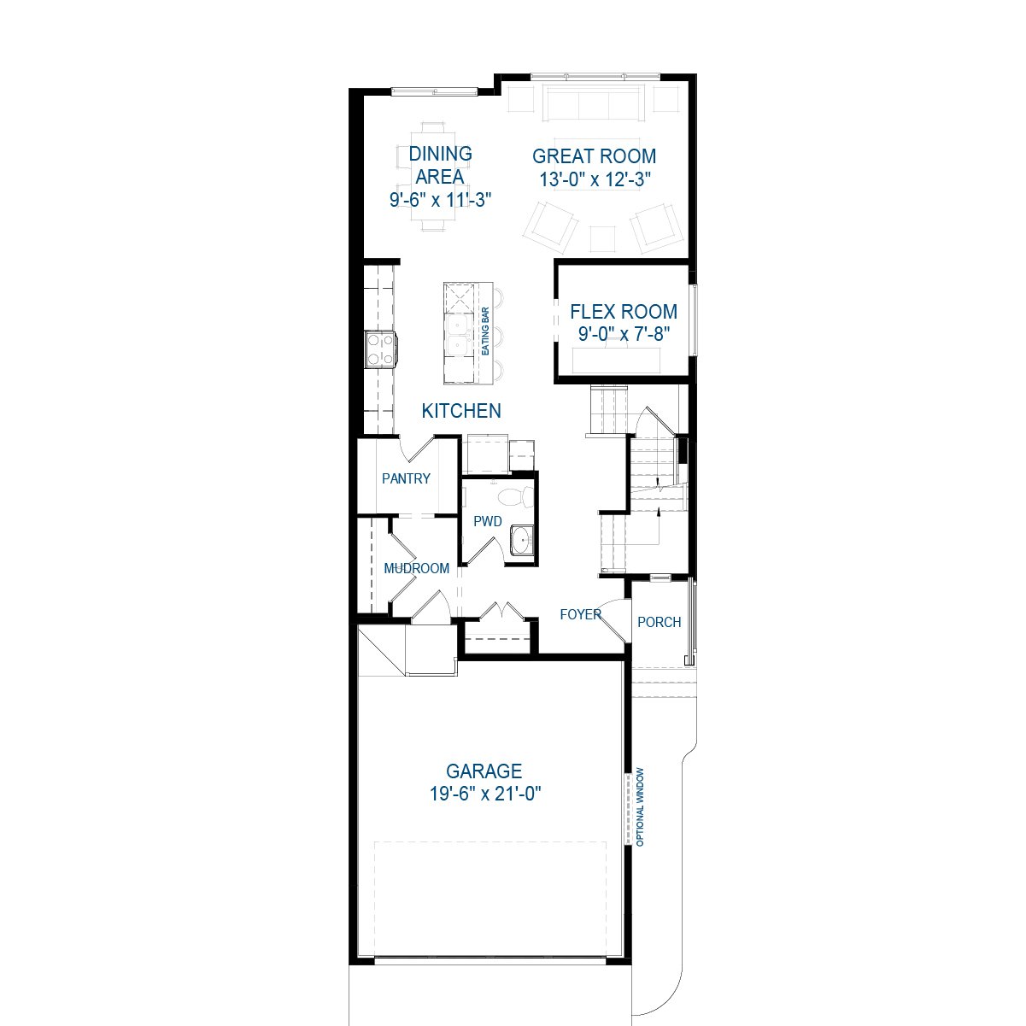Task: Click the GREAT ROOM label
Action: click(x=594, y=156)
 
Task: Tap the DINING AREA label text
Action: click(x=440, y=165)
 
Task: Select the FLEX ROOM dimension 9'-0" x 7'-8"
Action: click(x=624, y=334)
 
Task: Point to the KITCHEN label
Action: click(x=461, y=411)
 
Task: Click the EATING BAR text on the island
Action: click(x=485, y=331)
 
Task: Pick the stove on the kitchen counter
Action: click(x=380, y=349)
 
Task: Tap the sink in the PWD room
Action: click(x=522, y=541)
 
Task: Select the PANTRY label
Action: click(x=406, y=478)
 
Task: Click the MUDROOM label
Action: click(x=416, y=569)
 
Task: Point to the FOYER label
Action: click(x=580, y=614)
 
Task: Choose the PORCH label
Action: click(x=660, y=622)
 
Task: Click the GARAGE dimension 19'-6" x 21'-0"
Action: click(x=485, y=794)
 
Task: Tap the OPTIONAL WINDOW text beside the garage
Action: click(x=640, y=806)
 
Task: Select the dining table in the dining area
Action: click(x=433, y=177)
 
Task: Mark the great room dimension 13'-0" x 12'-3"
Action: click(x=595, y=179)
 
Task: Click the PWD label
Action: click(x=488, y=521)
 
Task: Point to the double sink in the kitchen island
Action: click(x=458, y=336)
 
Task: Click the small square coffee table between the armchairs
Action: click(x=603, y=239)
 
